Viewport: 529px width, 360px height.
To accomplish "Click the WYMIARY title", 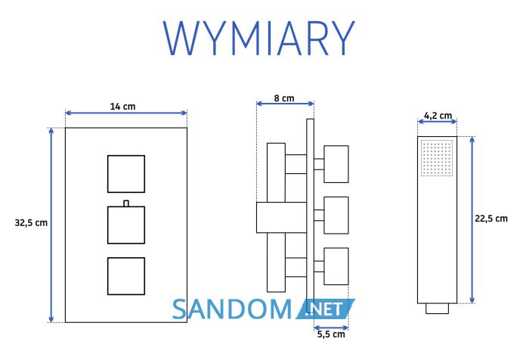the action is pyautogui.click(x=259, y=38).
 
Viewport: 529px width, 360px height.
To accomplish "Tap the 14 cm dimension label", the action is pyautogui.click(x=122, y=107).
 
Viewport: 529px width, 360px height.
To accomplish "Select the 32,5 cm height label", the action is pyautogui.click(x=31, y=223).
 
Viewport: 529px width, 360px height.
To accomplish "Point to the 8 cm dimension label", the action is pyautogui.click(x=284, y=98).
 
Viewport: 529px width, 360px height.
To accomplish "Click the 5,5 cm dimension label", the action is pyautogui.click(x=331, y=334).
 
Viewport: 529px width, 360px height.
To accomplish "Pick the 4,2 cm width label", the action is pyautogui.click(x=438, y=116).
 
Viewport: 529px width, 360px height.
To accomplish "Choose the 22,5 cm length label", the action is pyautogui.click(x=491, y=219).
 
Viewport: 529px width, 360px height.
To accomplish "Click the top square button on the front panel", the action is pyautogui.click(x=126, y=174).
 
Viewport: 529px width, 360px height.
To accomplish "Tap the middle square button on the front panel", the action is pyautogui.click(x=126, y=225).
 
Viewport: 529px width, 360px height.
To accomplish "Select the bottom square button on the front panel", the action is pyautogui.click(x=126, y=276).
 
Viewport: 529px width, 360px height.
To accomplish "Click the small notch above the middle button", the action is pyautogui.click(x=126, y=203).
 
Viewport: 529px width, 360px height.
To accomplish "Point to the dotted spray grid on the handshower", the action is pyautogui.click(x=437, y=158).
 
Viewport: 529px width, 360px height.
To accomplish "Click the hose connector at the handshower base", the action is pyautogui.click(x=438, y=309).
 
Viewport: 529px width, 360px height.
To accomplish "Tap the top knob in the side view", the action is pyautogui.click(x=336, y=164).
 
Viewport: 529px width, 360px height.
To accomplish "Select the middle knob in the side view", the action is pyautogui.click(x=336, y=216).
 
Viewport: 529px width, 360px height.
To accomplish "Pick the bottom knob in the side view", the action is pyautogui.click(x=336, y=266).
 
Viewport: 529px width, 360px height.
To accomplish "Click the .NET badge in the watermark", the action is pyautogui.click(x=325, y=309).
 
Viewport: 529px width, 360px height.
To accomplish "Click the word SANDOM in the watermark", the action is pyautogui.click(x=232, y=309).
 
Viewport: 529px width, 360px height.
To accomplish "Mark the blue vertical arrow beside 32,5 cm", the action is pyautogui.click(x=51, y=225).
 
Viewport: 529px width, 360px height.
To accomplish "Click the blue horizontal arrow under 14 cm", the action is pyautogui.click(x=126, y=113).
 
